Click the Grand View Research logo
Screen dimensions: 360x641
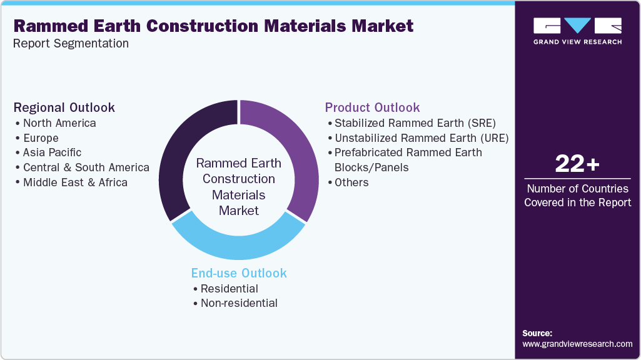(x=577, y=31)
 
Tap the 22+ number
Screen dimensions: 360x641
(x=577, y=164)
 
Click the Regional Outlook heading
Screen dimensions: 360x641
(x=64, y=107)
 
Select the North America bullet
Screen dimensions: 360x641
(x=59, y=123)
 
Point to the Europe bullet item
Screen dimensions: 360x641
(x=41, y=137)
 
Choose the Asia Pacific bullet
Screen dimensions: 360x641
(x=52, y=152)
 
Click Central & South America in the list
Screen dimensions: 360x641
(x=86, y=167)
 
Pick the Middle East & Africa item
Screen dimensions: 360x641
(x=75, y=182)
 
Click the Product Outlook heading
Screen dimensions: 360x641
(x=372, y=107)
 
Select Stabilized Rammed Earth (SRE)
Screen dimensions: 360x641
(x=415, y=122)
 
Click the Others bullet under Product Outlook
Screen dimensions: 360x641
(x=351, y=182)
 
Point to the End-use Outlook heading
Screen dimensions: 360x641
(x=239, y=273)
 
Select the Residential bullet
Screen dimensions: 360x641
(x=229, y=288)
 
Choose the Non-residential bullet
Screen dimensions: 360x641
(x=239, y=303)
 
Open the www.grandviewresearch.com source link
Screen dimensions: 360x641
(x=577, y=344)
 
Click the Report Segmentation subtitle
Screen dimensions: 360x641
(x=71, y=44)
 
